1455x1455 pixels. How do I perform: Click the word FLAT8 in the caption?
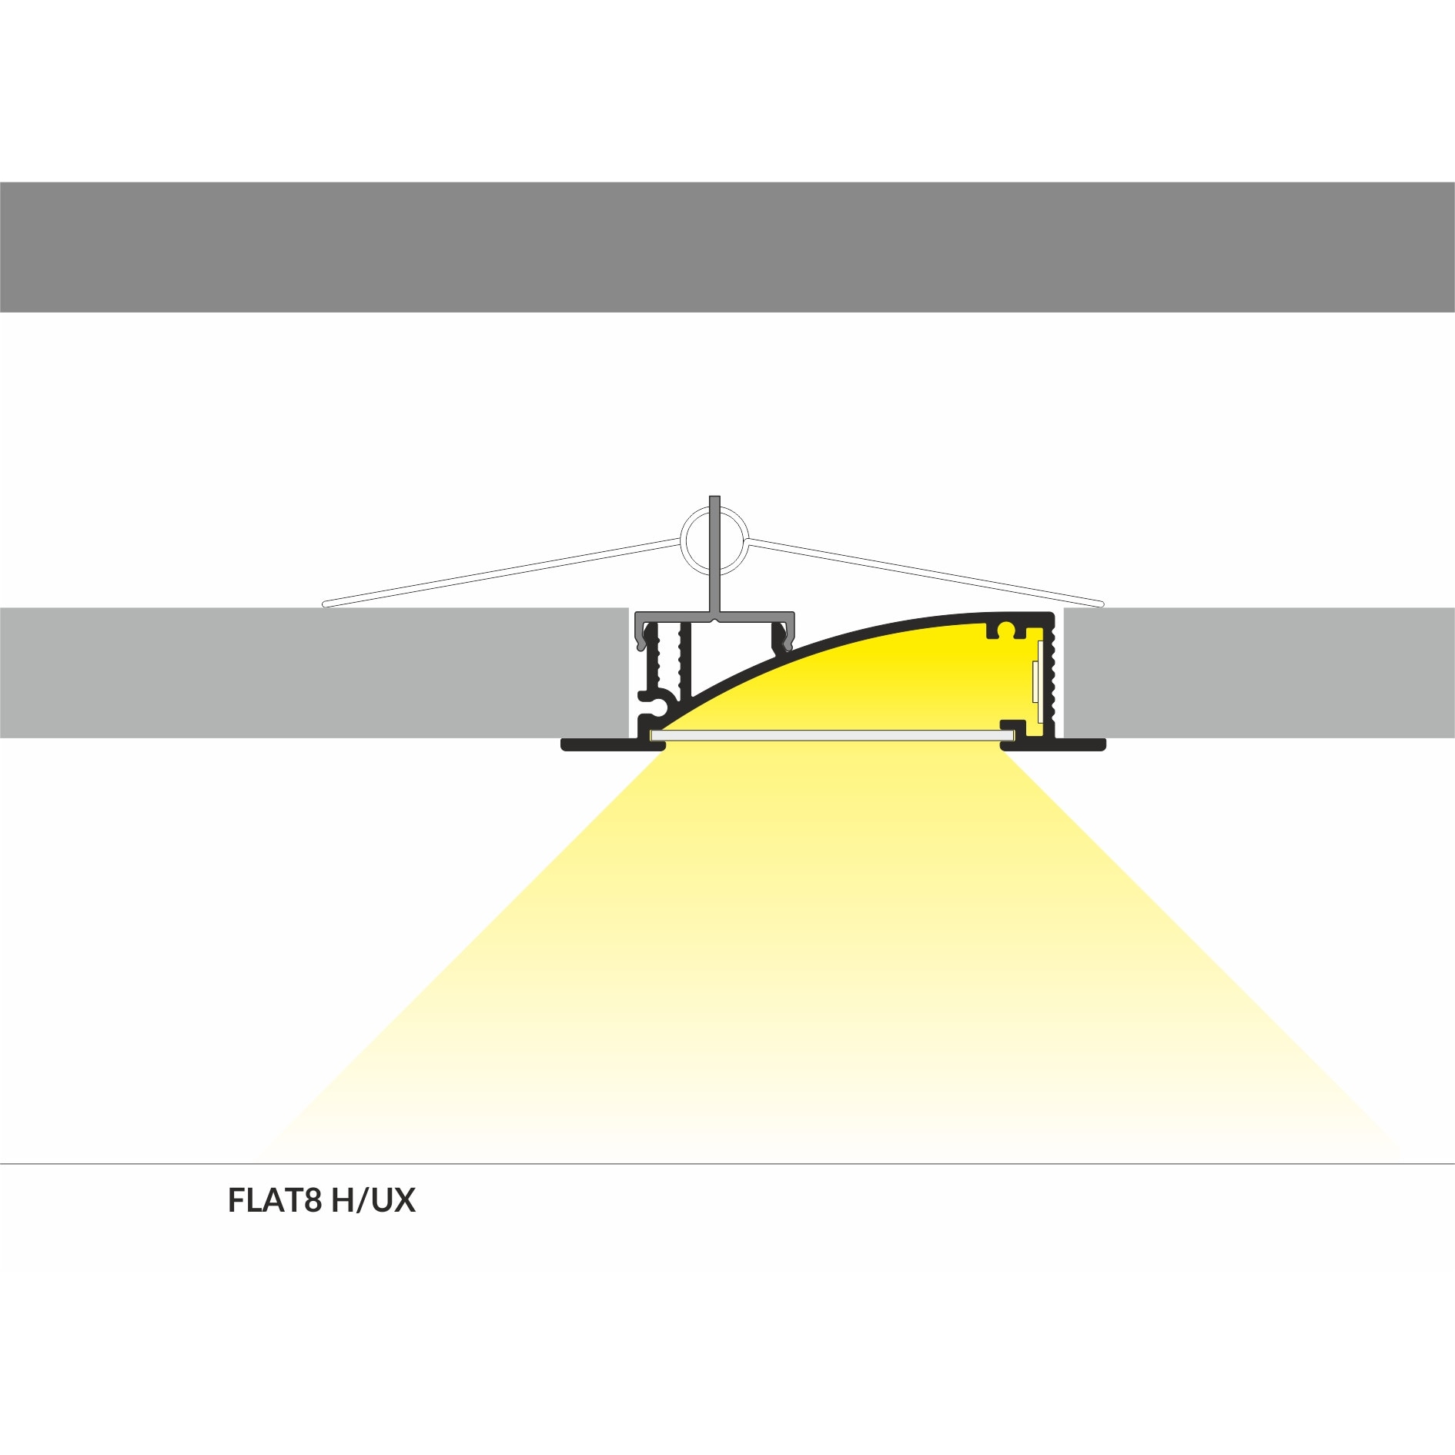click(275, 1200)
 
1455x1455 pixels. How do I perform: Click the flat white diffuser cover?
click(832, 736)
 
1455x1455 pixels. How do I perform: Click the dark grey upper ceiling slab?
click(727, 247)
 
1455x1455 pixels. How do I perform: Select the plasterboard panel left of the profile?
click(314, 672)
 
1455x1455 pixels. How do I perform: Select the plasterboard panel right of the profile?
click(1259, 672)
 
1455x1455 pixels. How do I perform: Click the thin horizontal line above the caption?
click(727, 1164)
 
